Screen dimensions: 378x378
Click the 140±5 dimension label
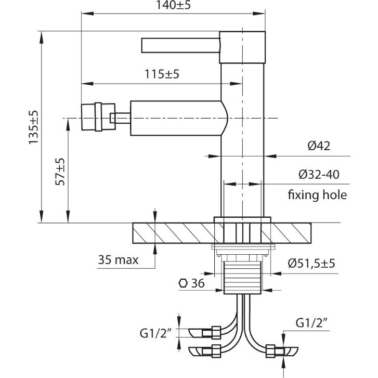coord(173,5)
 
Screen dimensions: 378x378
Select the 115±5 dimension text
coord(162,74)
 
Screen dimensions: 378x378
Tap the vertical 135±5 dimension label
coord(33,127)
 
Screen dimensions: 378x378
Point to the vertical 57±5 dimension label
coord(60,172)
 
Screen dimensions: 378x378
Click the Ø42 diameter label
coord(319,146)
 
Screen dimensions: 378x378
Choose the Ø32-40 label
coord(319,174)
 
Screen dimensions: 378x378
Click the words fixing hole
coord(317,194)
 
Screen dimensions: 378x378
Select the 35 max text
coord(118,260)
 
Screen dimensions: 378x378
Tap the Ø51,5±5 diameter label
coord(311,263)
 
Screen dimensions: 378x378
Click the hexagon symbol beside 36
coord(183,283)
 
